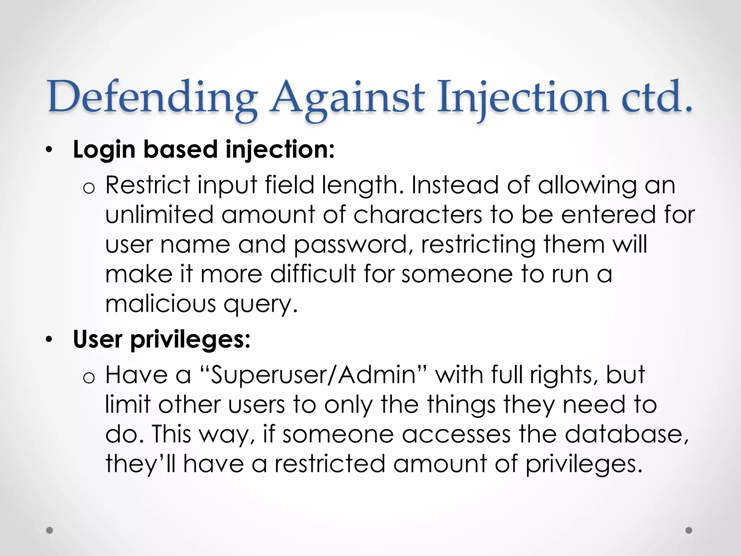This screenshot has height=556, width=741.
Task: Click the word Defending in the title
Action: pos(152,97)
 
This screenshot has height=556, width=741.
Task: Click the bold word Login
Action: pos(104,149)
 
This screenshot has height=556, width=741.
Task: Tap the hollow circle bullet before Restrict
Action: pos(89,188)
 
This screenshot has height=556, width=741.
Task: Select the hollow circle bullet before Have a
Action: pos(89,378)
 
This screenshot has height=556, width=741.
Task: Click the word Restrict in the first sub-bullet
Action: pos(148,185)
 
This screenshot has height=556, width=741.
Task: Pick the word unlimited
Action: pos(159,215)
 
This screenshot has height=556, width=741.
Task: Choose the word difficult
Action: pos(313,274)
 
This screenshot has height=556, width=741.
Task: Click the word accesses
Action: pos(456,434)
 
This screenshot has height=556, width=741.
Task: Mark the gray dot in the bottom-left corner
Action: pos(50,530)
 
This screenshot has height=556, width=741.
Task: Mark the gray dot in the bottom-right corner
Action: pos(689,530)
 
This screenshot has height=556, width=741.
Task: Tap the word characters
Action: pos(418,215)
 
